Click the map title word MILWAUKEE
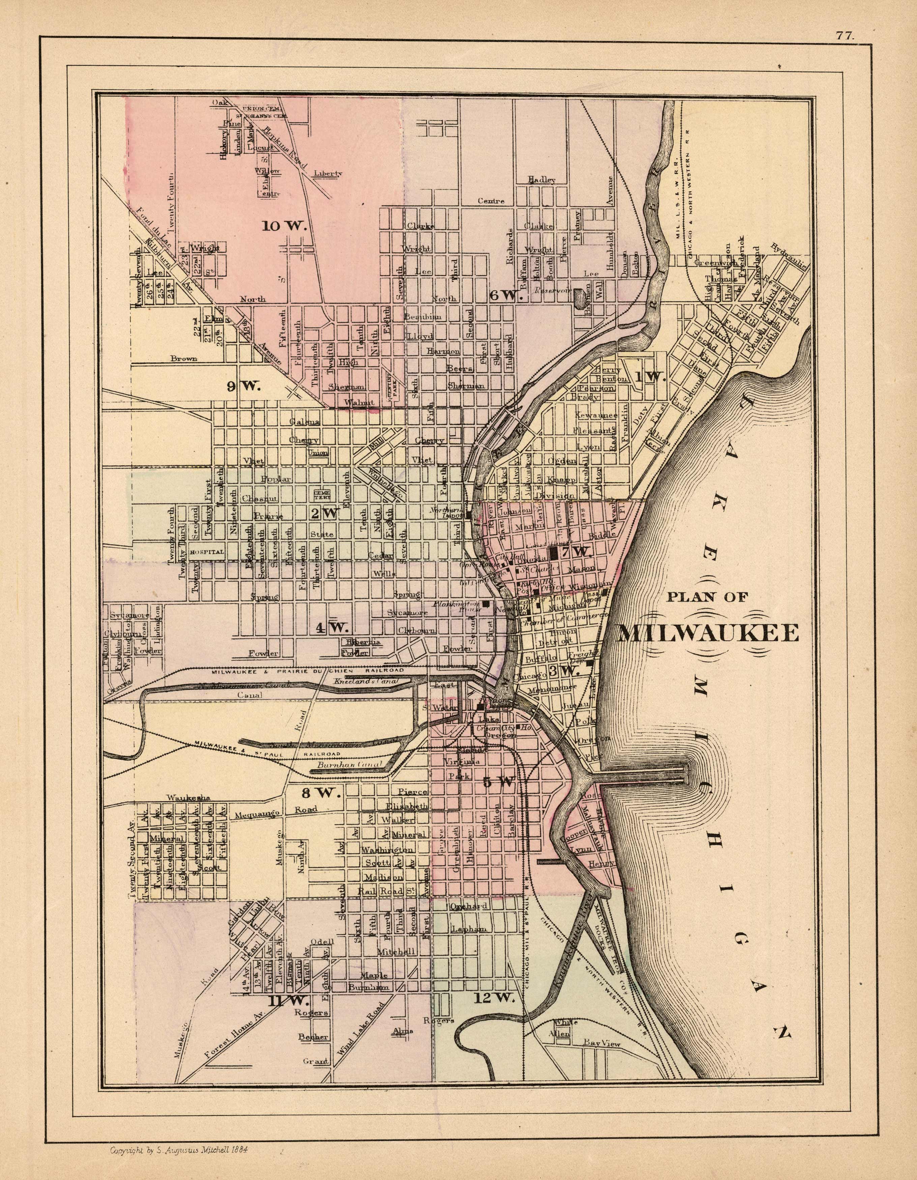click(x=708, y=633)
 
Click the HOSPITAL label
click(x=207, y=552)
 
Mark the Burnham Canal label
click(x=350, y=765)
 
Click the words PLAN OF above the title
click(x=707, y=597)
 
